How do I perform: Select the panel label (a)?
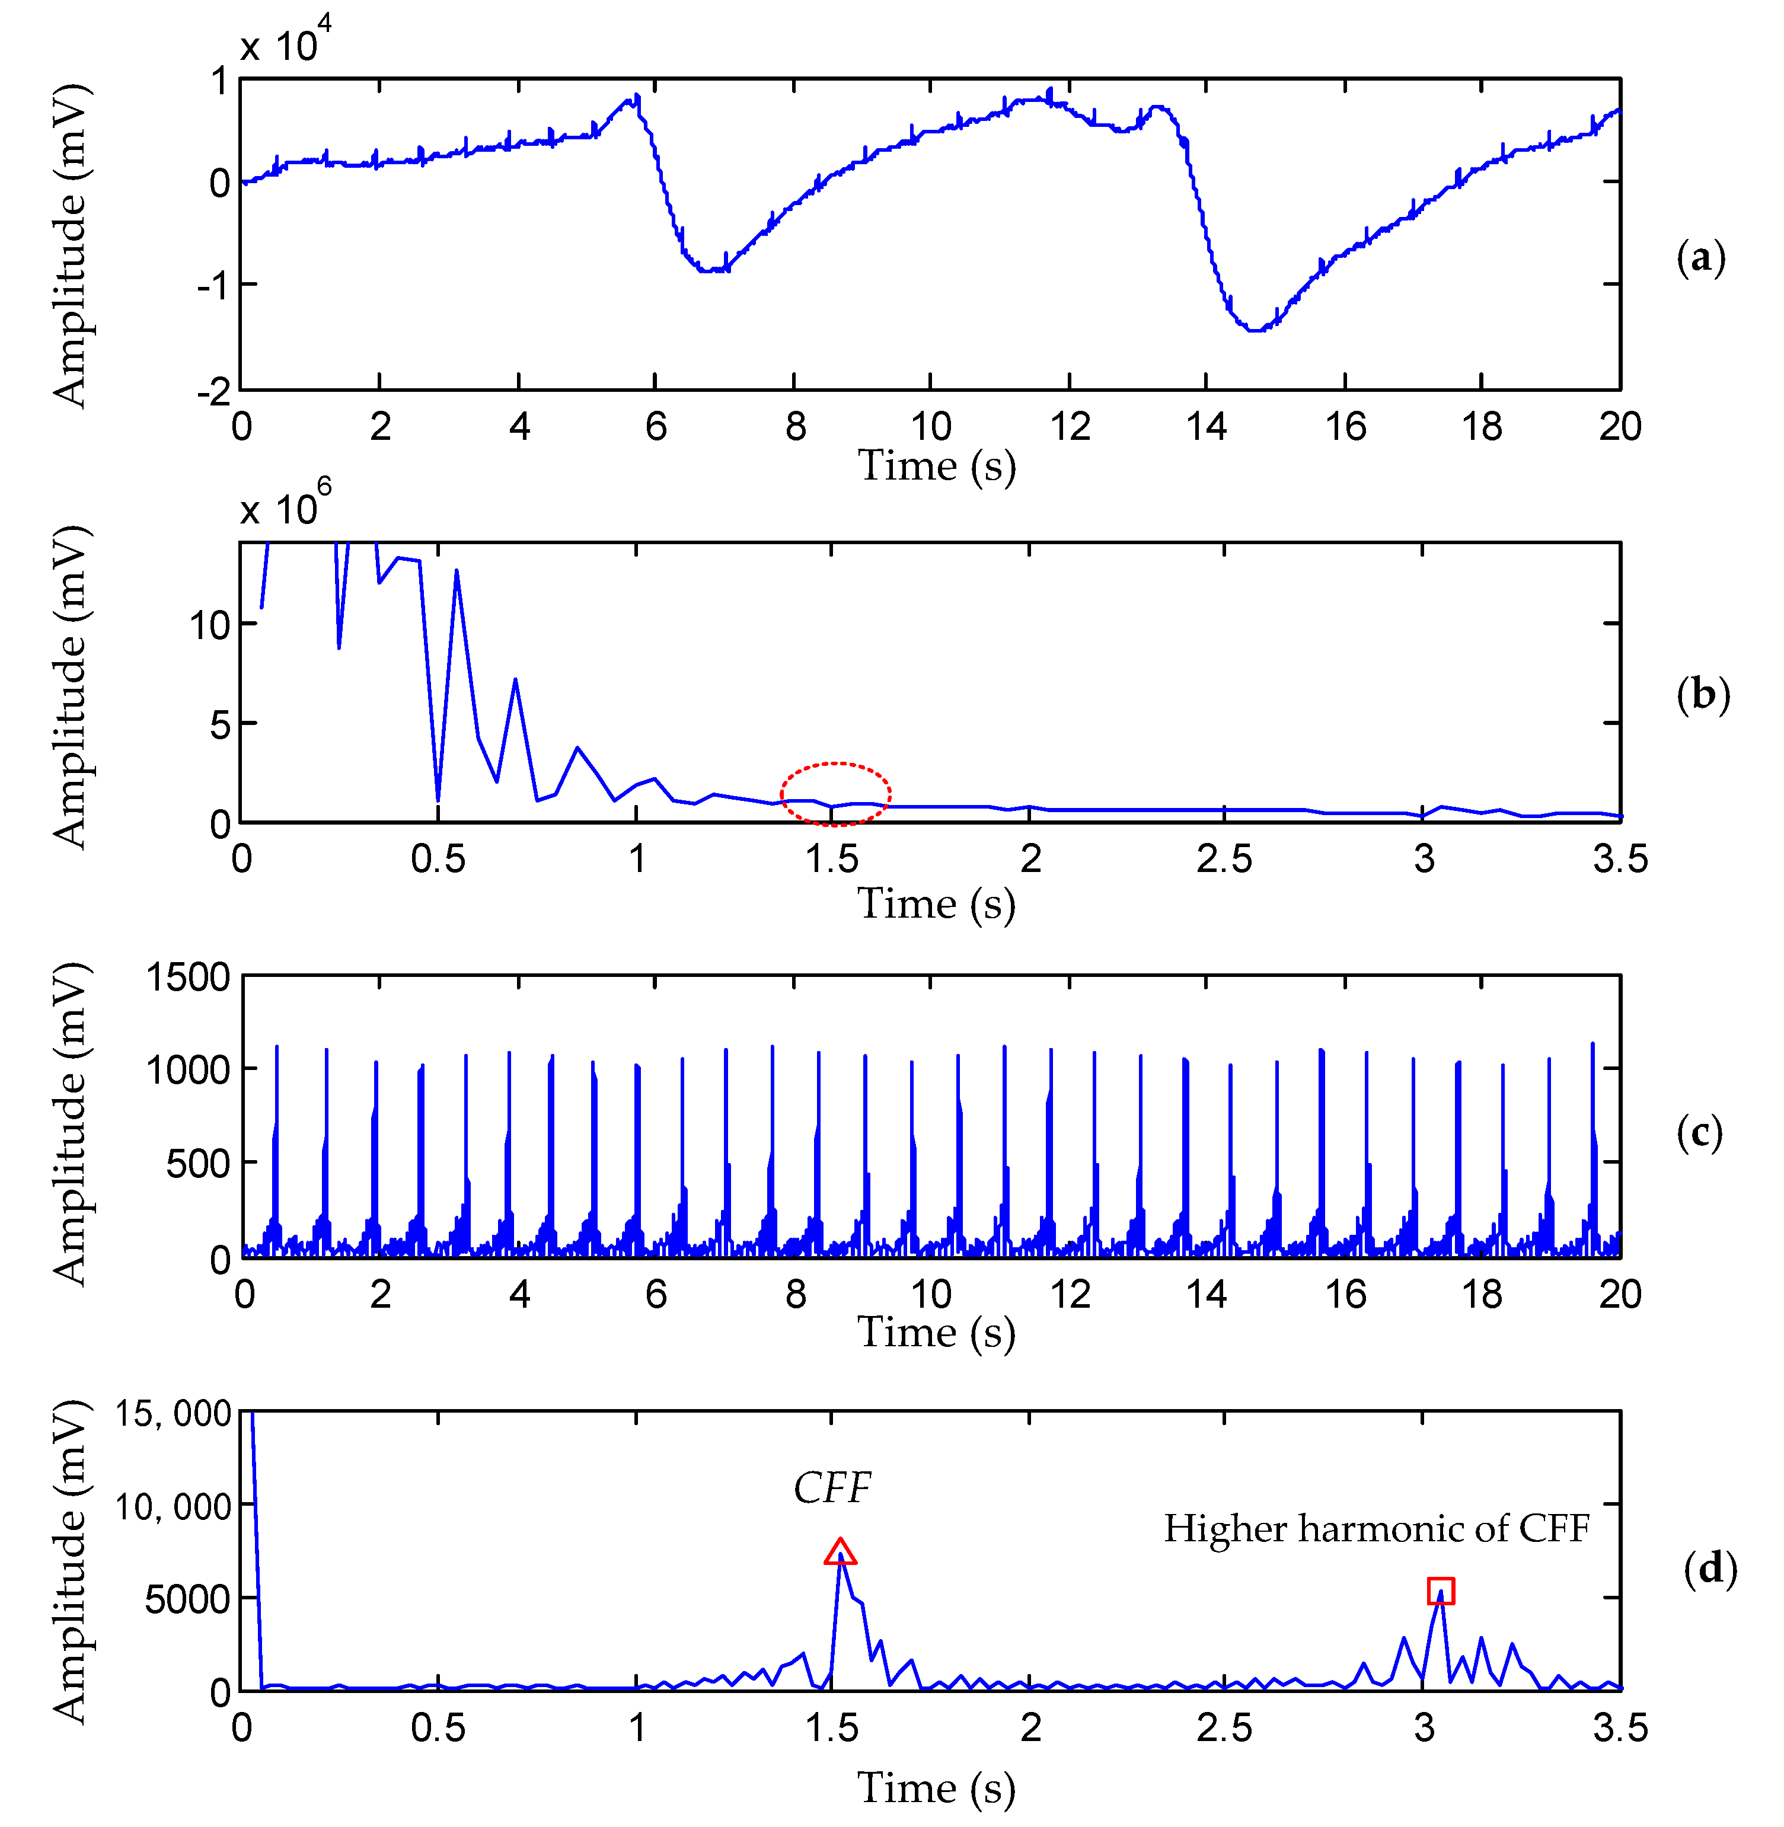[1700, 258]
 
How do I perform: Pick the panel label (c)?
[1699, 1133]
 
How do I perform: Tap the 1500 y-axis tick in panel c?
[187, 977]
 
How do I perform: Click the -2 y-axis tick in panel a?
[213, 392]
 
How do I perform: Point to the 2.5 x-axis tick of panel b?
[1224, 858]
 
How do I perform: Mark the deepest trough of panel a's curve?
[1256, 330]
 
